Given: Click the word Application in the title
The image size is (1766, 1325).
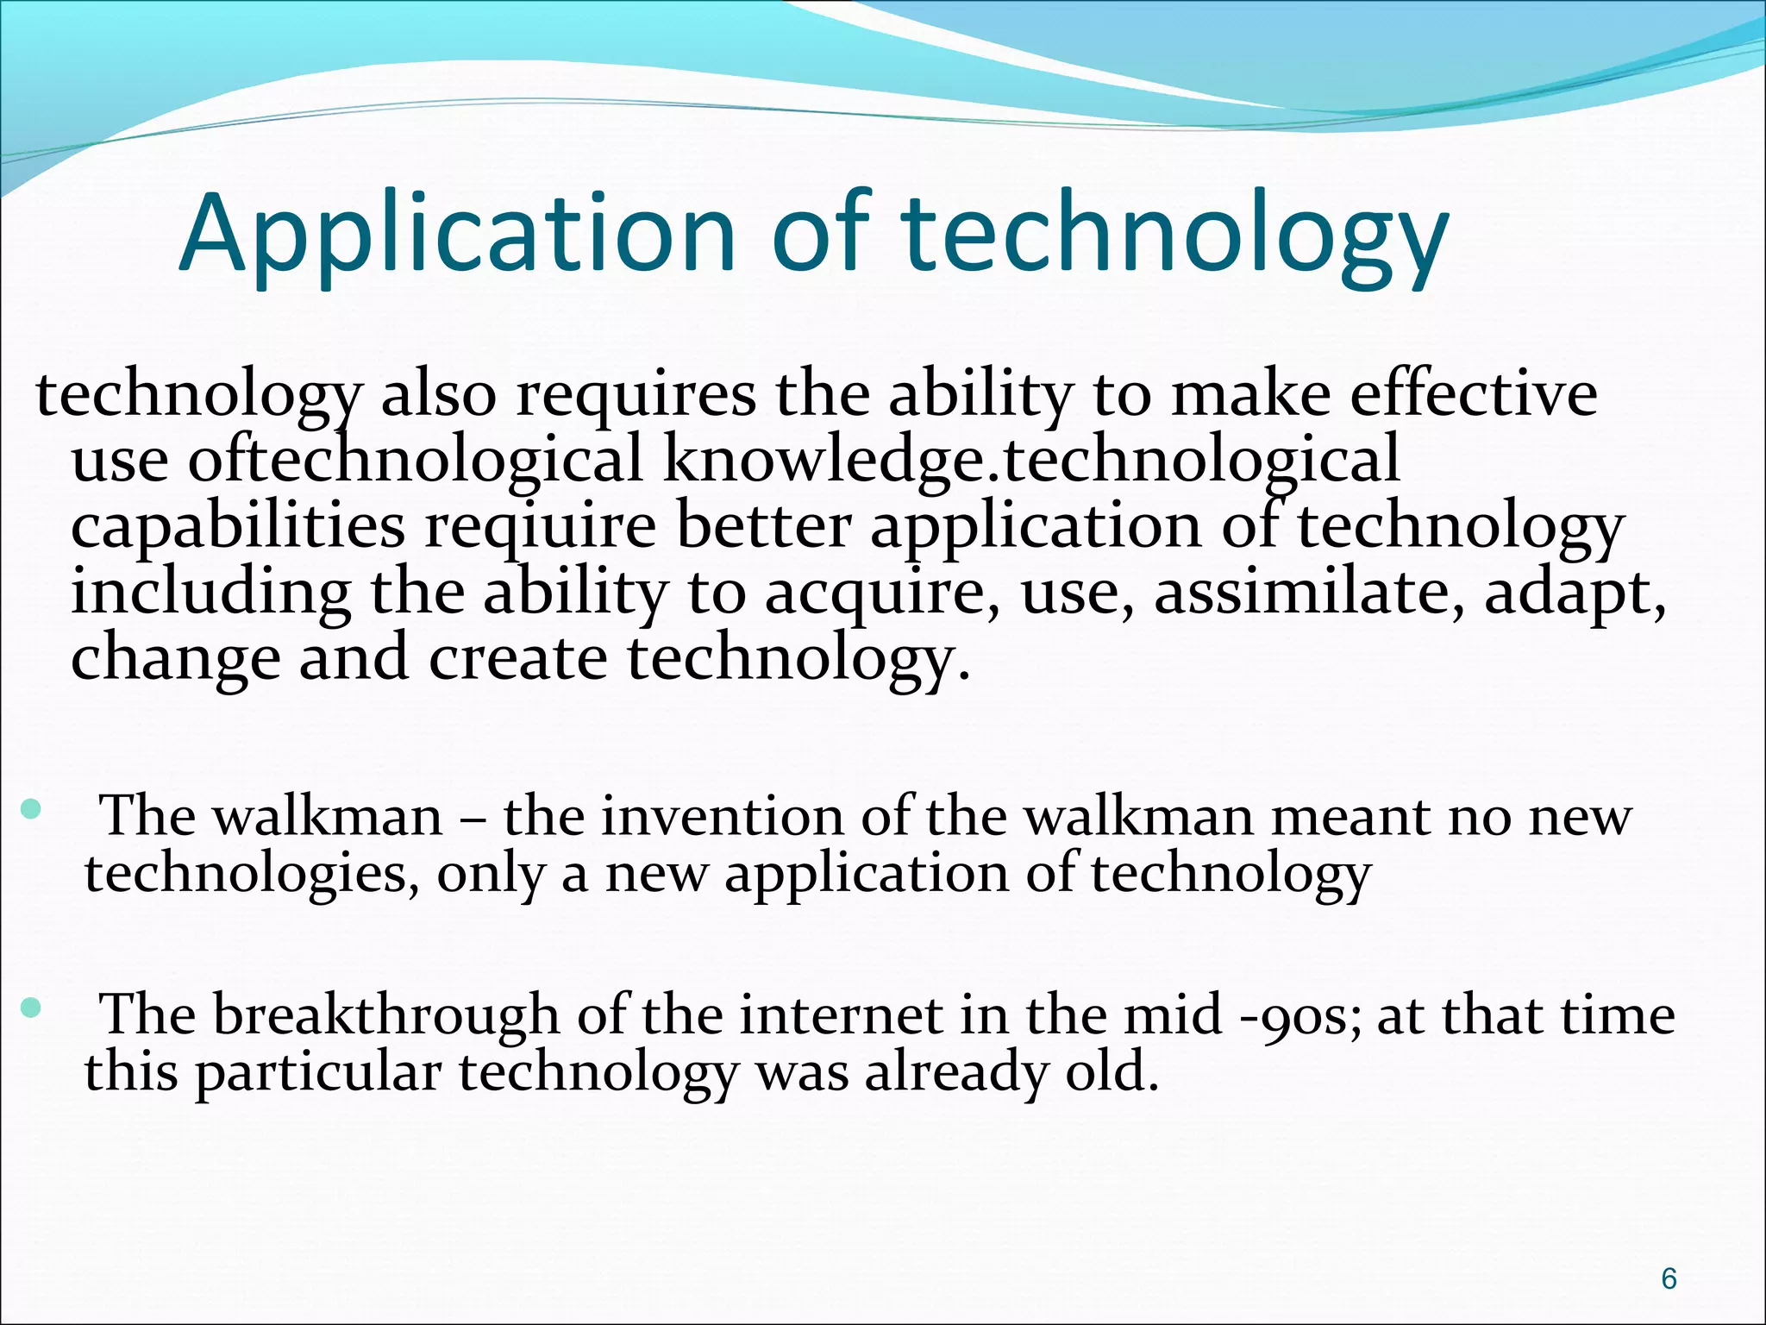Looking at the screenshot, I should pos(458,235).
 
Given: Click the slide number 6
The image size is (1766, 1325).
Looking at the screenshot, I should pos(1669,1278).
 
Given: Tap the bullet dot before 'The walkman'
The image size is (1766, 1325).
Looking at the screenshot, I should pos(31,808).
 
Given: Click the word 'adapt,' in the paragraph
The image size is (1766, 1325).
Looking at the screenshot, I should pos(1575,593).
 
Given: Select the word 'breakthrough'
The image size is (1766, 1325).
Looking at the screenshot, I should pos(385,1014).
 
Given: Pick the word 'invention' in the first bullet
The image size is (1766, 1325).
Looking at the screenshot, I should pos(722,816).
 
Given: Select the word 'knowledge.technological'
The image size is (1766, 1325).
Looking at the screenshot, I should pos(1031,461).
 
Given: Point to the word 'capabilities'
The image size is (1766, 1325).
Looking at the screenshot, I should pos(237,527).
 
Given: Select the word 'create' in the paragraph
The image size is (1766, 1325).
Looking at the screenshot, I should pos(517,658).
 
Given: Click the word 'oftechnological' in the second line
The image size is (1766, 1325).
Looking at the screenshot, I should pos(415,461).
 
